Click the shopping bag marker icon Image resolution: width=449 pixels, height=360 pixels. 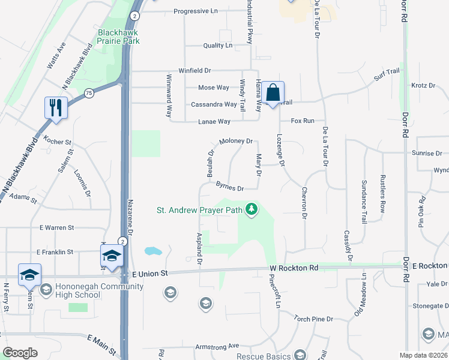(273, 93)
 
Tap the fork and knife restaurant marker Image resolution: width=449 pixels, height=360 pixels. (56, 108)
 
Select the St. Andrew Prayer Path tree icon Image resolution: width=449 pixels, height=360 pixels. (253, 210)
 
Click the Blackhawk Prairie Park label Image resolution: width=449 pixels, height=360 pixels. (119, 37)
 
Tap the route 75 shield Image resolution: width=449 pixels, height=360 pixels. (89, 93)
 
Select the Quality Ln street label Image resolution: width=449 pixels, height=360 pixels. (217, 46)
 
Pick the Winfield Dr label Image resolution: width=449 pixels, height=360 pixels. (194, 71)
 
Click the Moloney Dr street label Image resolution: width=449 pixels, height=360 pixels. (235, 142)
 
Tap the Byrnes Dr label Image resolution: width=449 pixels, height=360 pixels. (229, 188)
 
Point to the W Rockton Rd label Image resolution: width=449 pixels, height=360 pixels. (294, 268)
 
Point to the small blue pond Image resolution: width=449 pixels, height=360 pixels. (152, 251)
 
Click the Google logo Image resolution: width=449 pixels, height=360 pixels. (20, 353)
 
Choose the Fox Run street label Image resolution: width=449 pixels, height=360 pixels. (303, 121)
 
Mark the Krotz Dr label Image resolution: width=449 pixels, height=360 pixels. (423, 86)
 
